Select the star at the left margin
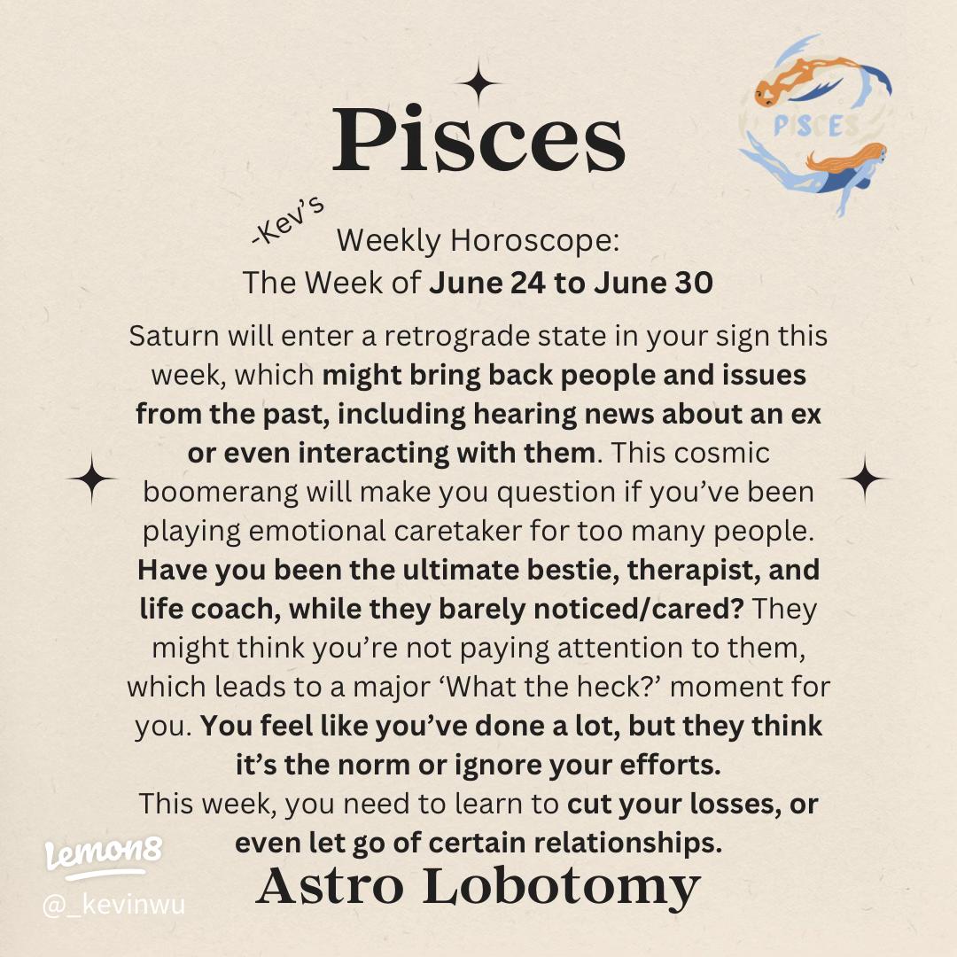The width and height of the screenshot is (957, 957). (91, 479)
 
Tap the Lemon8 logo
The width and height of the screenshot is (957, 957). (103, 856)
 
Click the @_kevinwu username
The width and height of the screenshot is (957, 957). (113, 906)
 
